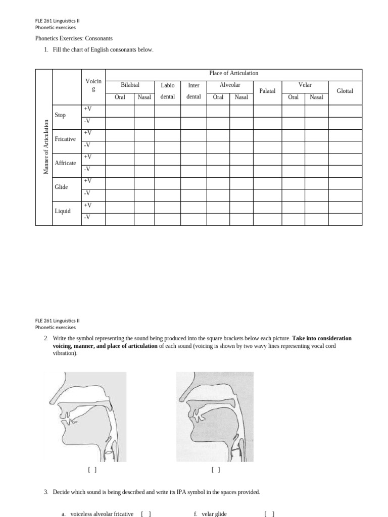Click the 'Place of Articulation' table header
click(x=233, y=73)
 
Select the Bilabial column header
click(x=130, y=85)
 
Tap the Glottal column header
click(x=345, y=91)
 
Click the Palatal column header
click(x=267, y=91)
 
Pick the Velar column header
click(x=305, y=85)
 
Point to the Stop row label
click(x=60, y=115)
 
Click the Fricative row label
click(x=65, y=139)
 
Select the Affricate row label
click(x=65, y=163)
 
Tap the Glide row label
click(x=61, y=187)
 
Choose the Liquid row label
click(x=63, y=211)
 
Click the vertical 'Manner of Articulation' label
click(x=45, y=147)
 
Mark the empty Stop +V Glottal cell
click(x=345, y=111)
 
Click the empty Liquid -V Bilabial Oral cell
click(x=120, y=219)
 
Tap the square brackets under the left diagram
click(x=92, y=470)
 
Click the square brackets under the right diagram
click(x=216, y=470)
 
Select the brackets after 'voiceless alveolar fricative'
click(x=146, y=514)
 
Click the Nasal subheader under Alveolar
click(x=241, y=97)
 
